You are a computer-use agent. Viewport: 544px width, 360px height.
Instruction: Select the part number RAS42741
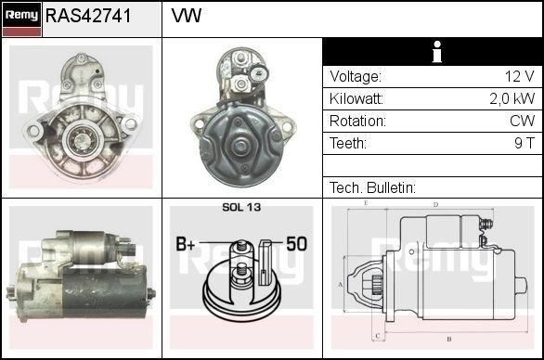pos(88,17)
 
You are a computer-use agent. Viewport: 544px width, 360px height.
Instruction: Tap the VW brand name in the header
pos(187,17)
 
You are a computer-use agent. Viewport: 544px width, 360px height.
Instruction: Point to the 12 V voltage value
pos(519,77)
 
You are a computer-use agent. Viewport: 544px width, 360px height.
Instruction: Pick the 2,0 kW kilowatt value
pos(512,99)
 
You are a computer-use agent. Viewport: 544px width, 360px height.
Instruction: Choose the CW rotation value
pos(522,122)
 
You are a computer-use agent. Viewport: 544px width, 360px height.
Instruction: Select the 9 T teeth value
pos(525,144)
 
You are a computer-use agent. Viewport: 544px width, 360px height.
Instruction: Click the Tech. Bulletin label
pos(372,187)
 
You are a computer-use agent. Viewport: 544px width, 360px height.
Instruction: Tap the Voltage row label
pos(356,77)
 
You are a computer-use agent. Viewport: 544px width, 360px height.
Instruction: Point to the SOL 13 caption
pos(241,208)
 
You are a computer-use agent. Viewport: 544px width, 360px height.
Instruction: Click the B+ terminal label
pos(186,244)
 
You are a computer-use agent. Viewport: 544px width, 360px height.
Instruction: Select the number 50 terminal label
pos(296,244)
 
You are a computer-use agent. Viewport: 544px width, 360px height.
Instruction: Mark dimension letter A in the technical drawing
pos(341,284)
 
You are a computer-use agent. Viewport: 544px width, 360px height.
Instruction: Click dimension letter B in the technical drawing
pos(448,340)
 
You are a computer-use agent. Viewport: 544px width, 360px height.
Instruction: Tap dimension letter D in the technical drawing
pos(435,204)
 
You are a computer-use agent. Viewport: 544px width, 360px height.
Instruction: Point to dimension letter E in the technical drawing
pos(366,202)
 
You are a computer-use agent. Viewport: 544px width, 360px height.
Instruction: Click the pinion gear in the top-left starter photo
pos(82,139)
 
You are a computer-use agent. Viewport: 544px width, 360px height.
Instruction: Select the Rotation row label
pos(356,122)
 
